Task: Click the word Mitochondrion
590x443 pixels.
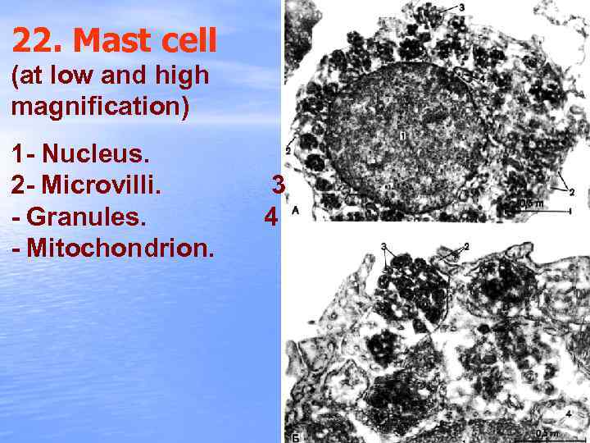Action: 120,249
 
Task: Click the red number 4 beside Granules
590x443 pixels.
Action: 271,217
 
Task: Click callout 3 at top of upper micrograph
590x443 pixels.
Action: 462,7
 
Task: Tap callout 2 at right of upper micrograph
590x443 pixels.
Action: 571,192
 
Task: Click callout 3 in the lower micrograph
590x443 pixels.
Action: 383,246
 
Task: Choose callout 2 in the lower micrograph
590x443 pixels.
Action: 465,245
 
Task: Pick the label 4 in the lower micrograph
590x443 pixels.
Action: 569,413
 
